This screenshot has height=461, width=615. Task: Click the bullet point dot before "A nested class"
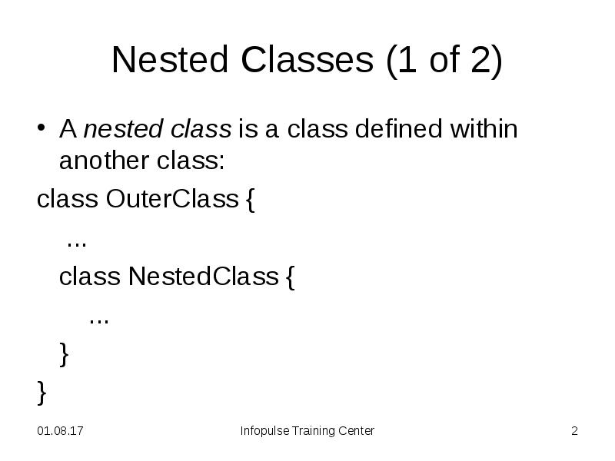tap(43, 128)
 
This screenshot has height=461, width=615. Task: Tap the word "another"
tap(101, 164)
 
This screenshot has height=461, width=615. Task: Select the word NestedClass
tap(203, 276)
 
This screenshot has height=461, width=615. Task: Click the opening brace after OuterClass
tap(251, 201)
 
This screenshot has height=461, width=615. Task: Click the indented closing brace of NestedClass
tap(64, 354)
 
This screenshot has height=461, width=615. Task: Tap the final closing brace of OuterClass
tap(42, 393)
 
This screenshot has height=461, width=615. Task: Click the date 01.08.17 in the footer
tap(61, 431)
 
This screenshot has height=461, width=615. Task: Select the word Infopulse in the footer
tap(263, 431)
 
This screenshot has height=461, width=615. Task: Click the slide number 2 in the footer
tap(574, 431)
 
